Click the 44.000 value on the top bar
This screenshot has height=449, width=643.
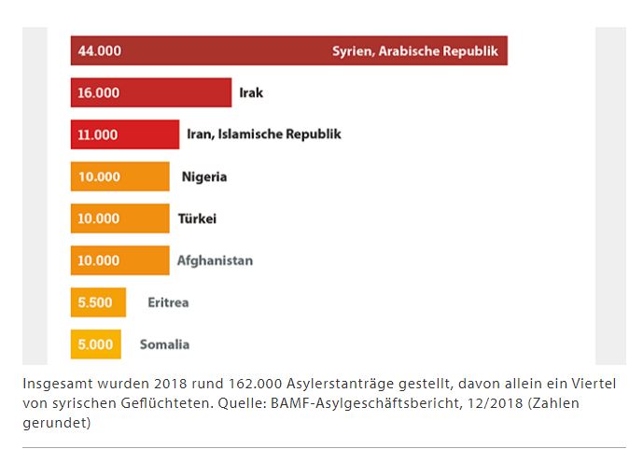pos(98,50)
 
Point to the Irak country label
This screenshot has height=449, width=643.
pos(251,92)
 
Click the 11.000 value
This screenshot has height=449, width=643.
pos(98,134)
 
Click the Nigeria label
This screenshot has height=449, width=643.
pos(204,176)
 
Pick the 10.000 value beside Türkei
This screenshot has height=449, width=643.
pos(99,218)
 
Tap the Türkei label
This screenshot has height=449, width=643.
pos(197,218)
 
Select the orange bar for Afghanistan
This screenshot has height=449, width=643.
pos(119,260)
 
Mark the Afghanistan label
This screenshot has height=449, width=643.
pos(215,260)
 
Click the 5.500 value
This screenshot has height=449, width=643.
pos(96,302)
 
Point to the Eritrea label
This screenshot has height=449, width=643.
pos(168,302)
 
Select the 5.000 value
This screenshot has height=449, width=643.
pos(95,344)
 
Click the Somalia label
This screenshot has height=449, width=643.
pos(164,344)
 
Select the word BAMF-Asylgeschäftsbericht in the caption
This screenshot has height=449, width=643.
pos(384,403)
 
